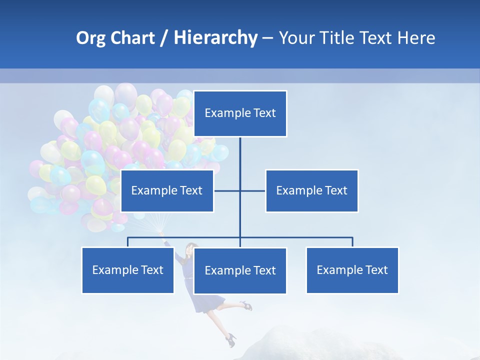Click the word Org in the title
click(90, 38)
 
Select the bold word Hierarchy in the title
click(215, 38)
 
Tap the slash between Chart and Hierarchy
click(164, 38)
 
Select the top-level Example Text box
click(240, 113)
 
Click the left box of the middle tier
click(167, 190)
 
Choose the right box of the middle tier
click(312, 190)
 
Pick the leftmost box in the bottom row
click(127, 270)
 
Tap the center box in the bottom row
click(240, 271)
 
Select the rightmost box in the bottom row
click(352, 270)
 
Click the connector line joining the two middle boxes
click(252, 190)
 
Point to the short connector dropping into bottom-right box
click(352, 242)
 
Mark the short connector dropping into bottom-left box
click(127, 242)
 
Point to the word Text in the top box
click(264, 113)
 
